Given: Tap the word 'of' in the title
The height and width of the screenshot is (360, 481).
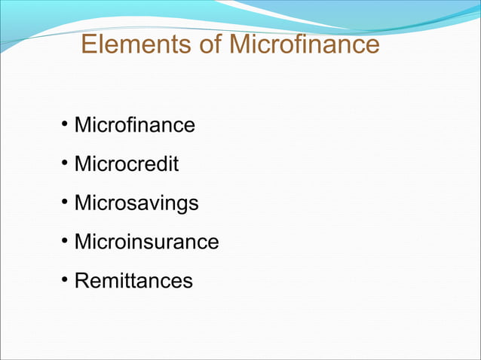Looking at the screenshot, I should [207, 45].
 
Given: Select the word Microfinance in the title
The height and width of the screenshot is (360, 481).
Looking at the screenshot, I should [304, 45].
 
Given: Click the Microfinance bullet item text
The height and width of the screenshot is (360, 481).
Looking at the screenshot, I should [134, 125].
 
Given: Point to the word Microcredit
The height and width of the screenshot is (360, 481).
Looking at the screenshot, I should [127, 164].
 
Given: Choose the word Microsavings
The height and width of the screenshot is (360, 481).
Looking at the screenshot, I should [136, 203].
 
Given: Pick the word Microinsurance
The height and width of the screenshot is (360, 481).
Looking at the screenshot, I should [146, 243].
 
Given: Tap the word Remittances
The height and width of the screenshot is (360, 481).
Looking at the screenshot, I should [133, 282].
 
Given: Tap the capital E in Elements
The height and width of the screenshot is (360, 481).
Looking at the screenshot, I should [89, 45].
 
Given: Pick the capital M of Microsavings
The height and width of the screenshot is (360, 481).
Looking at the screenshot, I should [83, 203].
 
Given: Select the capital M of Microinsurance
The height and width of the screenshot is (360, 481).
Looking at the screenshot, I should [83, 243].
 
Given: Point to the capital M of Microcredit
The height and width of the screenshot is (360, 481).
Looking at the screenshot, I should [83, 164].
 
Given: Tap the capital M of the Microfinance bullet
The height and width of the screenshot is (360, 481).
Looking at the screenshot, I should [83, 125].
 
